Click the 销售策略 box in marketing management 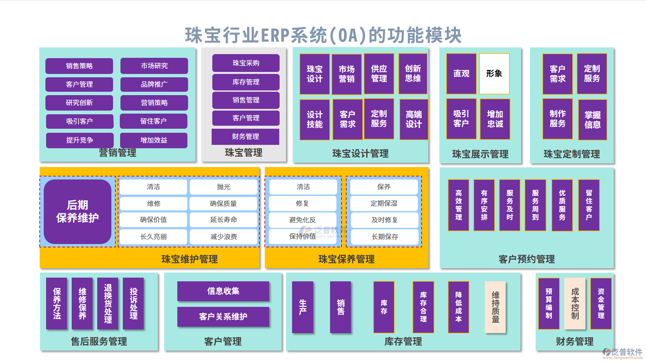click(79, 66)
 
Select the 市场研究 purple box click(154, 66)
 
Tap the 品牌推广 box click(154, 84)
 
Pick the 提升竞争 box click(80, 140)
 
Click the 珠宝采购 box click(246, 63)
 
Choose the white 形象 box click(494, 74)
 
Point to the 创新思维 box click(413, 74)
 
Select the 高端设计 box click(414, 119)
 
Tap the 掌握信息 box click(593, 120)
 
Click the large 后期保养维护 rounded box click(77, 212)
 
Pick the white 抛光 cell click(224, 187)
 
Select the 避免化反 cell click(302, 220)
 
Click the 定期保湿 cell click(384, 203)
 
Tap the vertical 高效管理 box click(459, 205)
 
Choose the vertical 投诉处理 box click(134, 303)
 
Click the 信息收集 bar click(223, 291)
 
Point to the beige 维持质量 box click(495, 307)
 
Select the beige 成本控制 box click(575, 304)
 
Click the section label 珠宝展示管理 click(480, 154)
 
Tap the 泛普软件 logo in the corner click(622, 353)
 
